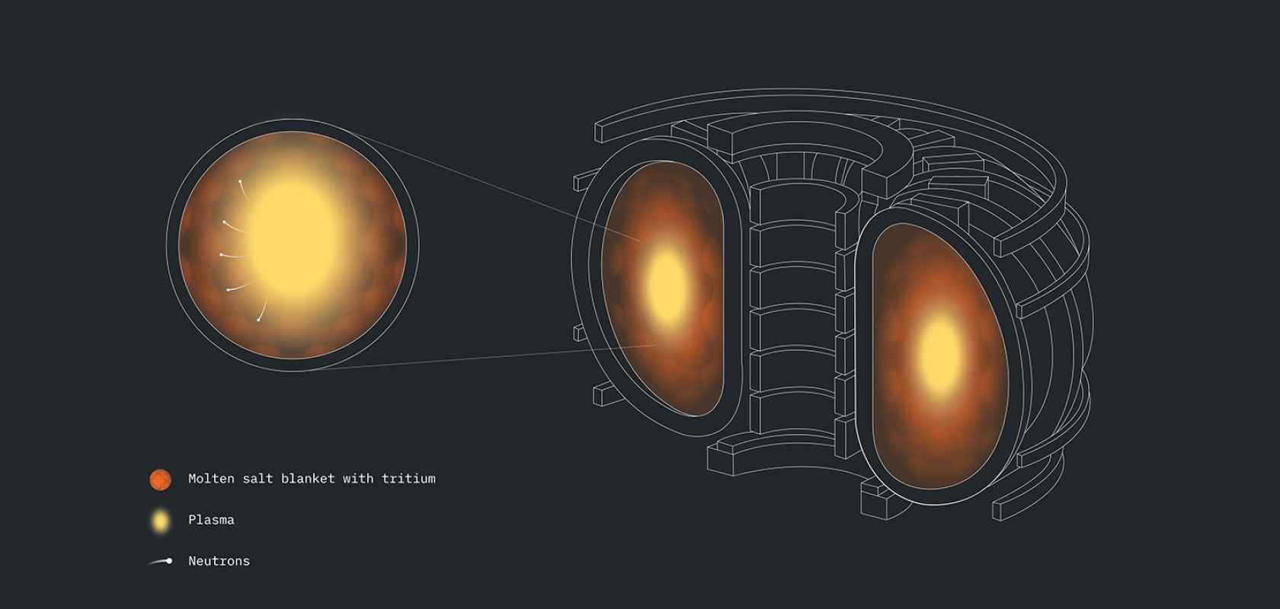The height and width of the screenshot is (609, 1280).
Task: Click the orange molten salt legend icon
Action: (x=161, y=480)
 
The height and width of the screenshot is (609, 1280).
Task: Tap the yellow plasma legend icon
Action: (x=162, y=521)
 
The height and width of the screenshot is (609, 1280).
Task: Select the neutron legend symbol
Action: (x=161, y=562)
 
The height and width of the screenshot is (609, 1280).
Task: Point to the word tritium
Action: (x=408, y=478)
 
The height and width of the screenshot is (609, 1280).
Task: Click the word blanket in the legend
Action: (x=308, y=478)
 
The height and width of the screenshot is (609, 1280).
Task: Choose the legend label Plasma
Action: (x=212, y=520)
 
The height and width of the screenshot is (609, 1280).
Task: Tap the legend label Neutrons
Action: (x=219, y=561)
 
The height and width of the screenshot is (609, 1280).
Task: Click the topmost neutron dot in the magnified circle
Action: (x=240, y=181)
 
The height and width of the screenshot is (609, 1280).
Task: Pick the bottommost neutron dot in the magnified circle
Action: (x=258, y=320)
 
